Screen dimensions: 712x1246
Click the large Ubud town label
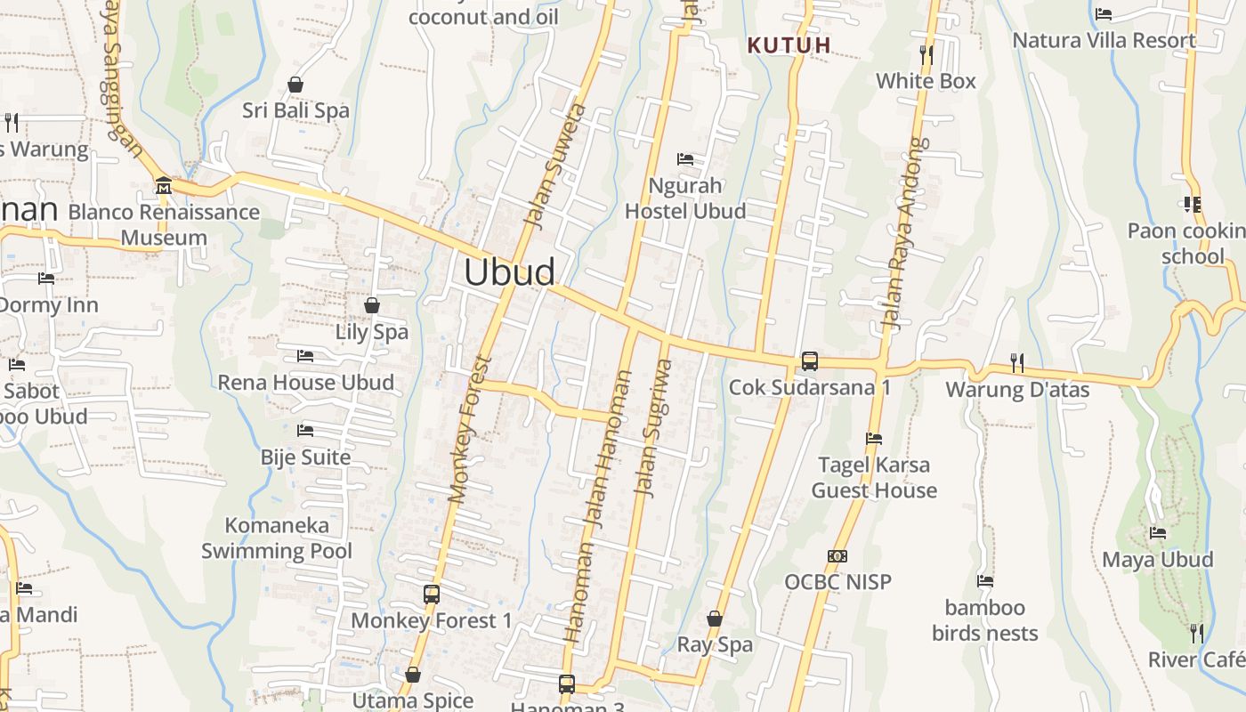(510, 272)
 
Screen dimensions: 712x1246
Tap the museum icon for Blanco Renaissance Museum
(164, 186)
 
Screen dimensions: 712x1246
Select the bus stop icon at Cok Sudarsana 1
(810, 361)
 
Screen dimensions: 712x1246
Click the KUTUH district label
(789, 45)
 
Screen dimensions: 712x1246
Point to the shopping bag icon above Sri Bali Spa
(295, 85)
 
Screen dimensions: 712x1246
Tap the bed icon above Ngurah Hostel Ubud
(685, 159)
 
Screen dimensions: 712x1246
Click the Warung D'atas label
(1017, 390)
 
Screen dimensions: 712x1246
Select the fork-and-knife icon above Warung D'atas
(1016, 362)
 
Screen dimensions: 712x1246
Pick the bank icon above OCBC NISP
(837, 556)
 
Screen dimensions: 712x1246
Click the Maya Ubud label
(1158, 560)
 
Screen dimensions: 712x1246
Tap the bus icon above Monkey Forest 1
(432, 594)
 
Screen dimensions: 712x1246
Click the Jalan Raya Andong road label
(902, 233)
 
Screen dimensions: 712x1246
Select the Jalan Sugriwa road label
(653, 427)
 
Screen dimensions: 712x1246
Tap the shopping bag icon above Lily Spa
(372, 305)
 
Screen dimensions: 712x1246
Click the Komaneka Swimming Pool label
(277, 538)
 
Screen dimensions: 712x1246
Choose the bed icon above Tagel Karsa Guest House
(874, 438)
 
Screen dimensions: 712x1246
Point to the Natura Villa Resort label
(1104, 41)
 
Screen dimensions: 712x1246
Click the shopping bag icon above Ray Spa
(715, 618)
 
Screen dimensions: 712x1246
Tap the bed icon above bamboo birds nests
(985, 581)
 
